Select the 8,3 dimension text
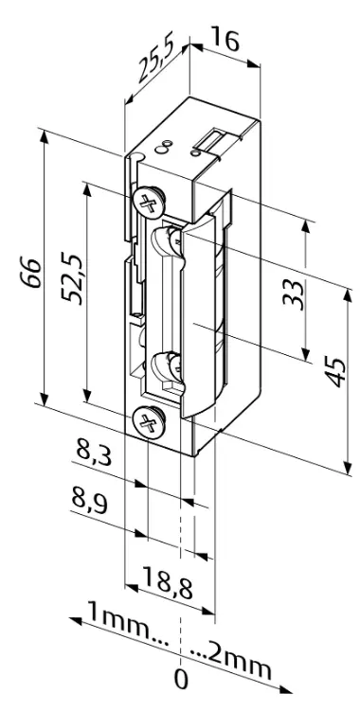coord(91,453)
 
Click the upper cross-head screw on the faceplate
coord(147,201)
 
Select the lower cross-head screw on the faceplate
coord(147,419)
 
